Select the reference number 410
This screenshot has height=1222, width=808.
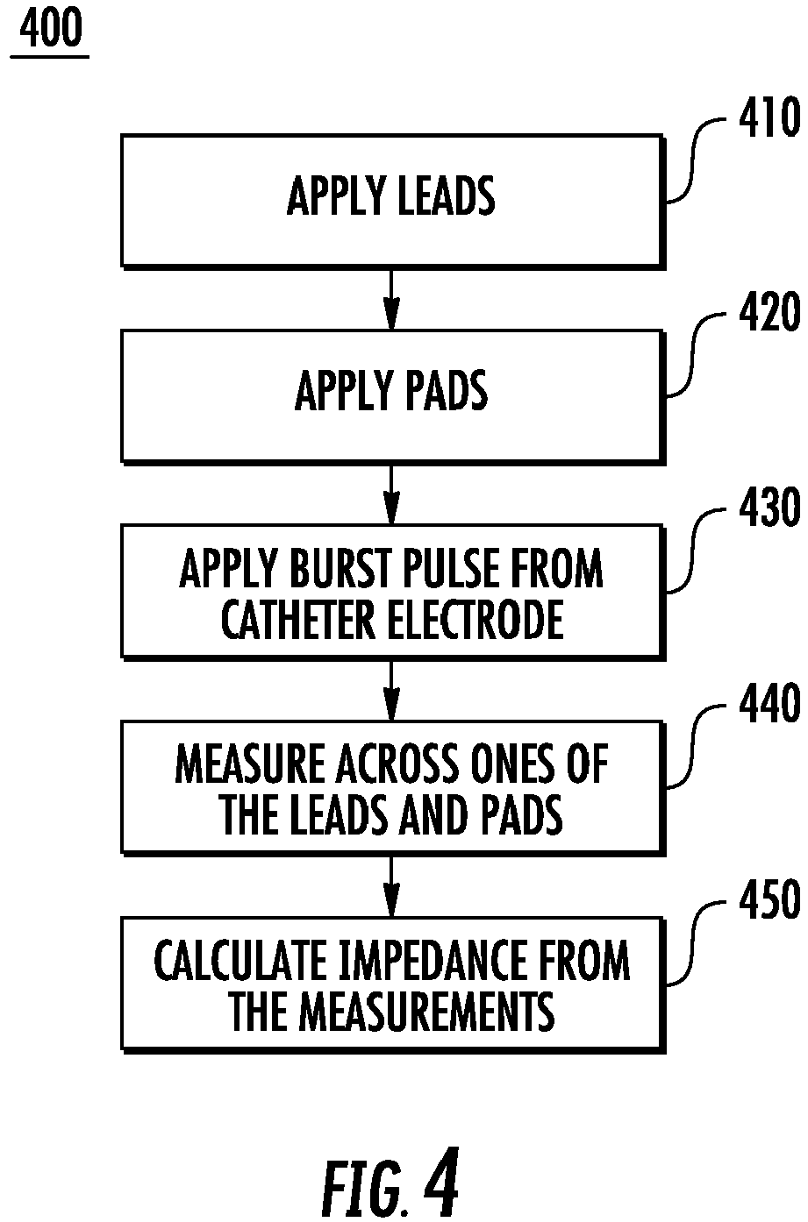[769, 119]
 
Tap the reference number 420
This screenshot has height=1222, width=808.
[769, 315]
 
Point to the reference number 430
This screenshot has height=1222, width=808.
[769, 510]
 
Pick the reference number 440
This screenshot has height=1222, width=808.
[769, 706]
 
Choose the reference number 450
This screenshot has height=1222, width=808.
[769, 902]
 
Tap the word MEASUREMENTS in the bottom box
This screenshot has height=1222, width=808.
[429, 1012]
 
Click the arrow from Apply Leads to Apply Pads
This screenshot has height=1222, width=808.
[391, 299]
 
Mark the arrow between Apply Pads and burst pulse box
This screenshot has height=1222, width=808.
[391, 494]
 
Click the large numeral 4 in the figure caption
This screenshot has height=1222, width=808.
[440, 1184]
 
